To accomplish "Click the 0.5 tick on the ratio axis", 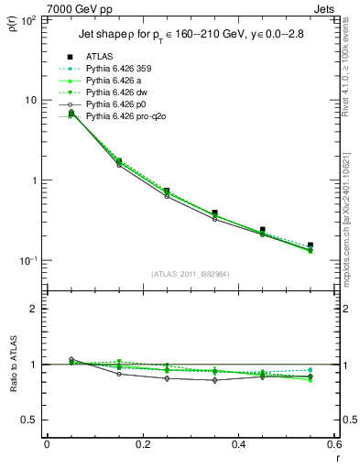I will tap(34, 420).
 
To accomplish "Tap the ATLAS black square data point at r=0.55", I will tap(311, 245).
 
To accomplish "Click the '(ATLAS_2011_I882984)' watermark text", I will tap(190, 274).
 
